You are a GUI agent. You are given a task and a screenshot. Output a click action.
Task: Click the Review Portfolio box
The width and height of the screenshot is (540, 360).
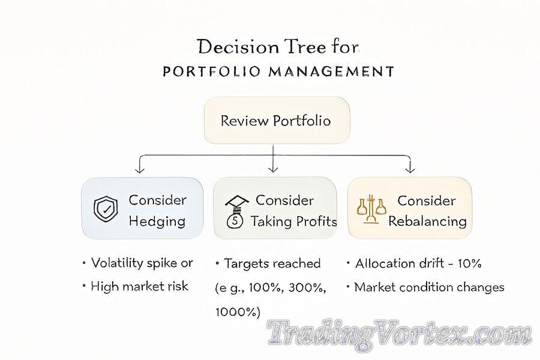277,120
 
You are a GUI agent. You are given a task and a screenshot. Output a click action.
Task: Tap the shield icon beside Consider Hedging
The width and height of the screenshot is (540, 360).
106,209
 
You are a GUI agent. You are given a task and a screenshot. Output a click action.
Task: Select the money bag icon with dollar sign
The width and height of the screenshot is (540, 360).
235,220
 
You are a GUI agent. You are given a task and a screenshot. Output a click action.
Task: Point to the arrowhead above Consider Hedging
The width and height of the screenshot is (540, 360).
139,169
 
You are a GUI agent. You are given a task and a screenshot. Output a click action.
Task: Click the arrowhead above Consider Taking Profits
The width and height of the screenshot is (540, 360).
273,169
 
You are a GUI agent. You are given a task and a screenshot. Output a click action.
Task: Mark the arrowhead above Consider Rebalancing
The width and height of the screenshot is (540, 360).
410,169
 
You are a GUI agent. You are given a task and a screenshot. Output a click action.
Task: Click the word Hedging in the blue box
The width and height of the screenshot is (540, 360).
157,221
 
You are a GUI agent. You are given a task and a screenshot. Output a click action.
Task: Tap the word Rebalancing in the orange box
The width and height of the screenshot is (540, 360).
427,221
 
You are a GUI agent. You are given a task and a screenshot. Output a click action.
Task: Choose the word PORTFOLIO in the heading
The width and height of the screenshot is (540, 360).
211,71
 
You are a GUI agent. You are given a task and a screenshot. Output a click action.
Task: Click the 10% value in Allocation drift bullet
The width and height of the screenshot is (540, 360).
469,263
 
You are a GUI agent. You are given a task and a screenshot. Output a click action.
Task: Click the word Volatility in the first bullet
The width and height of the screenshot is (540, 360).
117,263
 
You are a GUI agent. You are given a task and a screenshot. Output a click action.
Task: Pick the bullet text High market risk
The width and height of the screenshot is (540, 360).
139,286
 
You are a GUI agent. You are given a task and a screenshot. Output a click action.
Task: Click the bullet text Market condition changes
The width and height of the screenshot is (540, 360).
429,287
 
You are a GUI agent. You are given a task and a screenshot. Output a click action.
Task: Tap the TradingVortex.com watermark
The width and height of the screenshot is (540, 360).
400,333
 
